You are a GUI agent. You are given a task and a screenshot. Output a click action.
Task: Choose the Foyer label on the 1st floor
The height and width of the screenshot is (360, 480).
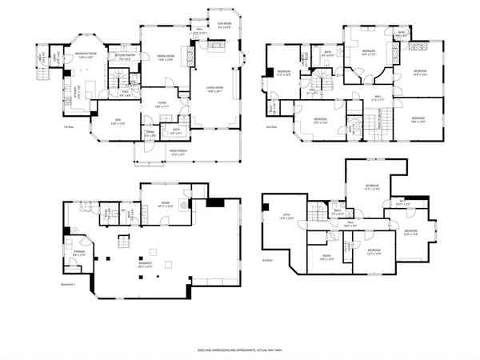click(161, 104)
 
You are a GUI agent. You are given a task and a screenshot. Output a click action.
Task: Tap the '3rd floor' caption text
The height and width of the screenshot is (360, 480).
click(268, 260)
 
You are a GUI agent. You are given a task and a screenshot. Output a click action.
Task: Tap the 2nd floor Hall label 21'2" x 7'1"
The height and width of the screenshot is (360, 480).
click(378, 98)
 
